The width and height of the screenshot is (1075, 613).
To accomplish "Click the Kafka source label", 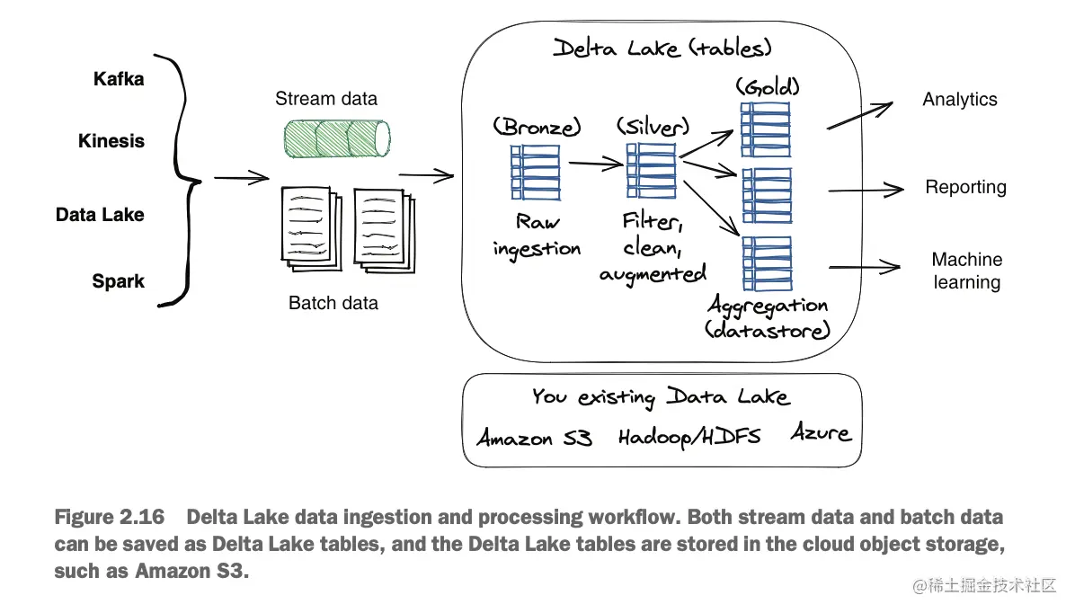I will (119, 79).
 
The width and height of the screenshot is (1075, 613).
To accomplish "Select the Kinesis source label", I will (111, 141).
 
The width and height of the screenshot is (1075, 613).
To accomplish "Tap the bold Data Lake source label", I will (100, 215).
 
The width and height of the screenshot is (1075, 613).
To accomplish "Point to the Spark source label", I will (118, 281).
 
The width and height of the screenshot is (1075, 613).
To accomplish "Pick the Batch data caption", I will (333, 303).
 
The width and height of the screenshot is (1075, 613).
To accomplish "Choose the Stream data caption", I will (326, 99).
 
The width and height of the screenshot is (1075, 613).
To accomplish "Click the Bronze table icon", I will (536, 172).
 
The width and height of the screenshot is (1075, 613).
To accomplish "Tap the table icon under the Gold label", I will (766, 129).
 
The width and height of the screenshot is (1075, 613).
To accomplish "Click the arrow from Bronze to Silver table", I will (596, 164).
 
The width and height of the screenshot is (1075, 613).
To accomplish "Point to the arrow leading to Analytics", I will (859, 115).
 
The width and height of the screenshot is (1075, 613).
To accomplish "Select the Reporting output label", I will (966, 187).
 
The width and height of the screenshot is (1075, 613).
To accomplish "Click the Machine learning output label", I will (966, 271).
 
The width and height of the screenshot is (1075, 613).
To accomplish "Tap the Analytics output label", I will (960, 100).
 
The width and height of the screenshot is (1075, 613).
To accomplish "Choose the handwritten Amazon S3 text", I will (534, 438).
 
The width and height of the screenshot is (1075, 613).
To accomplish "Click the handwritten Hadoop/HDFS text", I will (689, 437).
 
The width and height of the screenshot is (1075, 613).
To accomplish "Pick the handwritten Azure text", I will (821, 432).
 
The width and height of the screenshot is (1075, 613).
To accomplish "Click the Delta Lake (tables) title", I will (662, 48).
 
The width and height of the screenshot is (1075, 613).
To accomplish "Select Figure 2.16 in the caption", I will (109, 518).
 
